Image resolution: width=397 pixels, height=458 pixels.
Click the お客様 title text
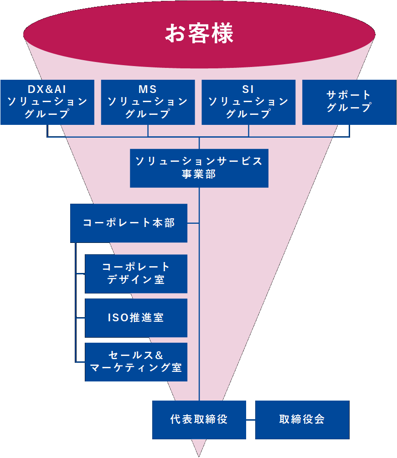pyautogui.click(x=199, y=33)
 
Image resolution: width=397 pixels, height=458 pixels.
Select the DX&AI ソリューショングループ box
pyautogui.click(x=47, y=102)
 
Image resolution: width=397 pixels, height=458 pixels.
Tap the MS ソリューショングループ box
pyautogui.click(x=148, y=102)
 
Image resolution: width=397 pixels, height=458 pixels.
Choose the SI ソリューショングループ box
pyautogui.click(x=248, y=102)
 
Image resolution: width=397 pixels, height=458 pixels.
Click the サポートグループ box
pyautogui.click(x=349, y=102)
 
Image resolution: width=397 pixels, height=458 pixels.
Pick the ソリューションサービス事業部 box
pyautogui.click(x=199, y=168)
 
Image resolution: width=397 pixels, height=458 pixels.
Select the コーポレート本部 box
pyautogui.click(x=129, y=223)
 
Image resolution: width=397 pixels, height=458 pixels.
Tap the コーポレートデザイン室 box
pyautogui.click(x=136, y=274)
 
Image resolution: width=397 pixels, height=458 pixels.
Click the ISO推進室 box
pyautogui.click(x=136, y=318)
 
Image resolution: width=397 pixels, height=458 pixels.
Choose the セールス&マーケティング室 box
pyautogui.click(x=136, y=362)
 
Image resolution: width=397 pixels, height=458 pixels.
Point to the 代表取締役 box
pyautogui.click(x=199, y=420)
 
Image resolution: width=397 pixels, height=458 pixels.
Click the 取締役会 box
pyautogui.click(x=302, y=420)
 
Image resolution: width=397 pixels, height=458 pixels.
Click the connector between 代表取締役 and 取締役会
pyautogui.click(x=251, y=420)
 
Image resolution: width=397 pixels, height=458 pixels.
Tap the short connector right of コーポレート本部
pyautogui.click(x=193, y=223)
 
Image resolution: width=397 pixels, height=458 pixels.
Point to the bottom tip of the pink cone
pyautogui.click(x=199, y=457)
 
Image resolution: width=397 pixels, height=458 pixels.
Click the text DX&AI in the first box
pyautogui.click(x=47, y=89)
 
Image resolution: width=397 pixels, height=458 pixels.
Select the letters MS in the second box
pyautogui.click(x=148, y=89)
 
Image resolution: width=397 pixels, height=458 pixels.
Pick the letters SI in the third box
pyautogui.click(x=248, y=89)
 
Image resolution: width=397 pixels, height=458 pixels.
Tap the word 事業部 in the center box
pyautogui.click(x=199, y=174)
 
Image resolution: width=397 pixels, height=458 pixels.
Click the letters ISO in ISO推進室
pyautogui.click(x=118, y=318)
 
